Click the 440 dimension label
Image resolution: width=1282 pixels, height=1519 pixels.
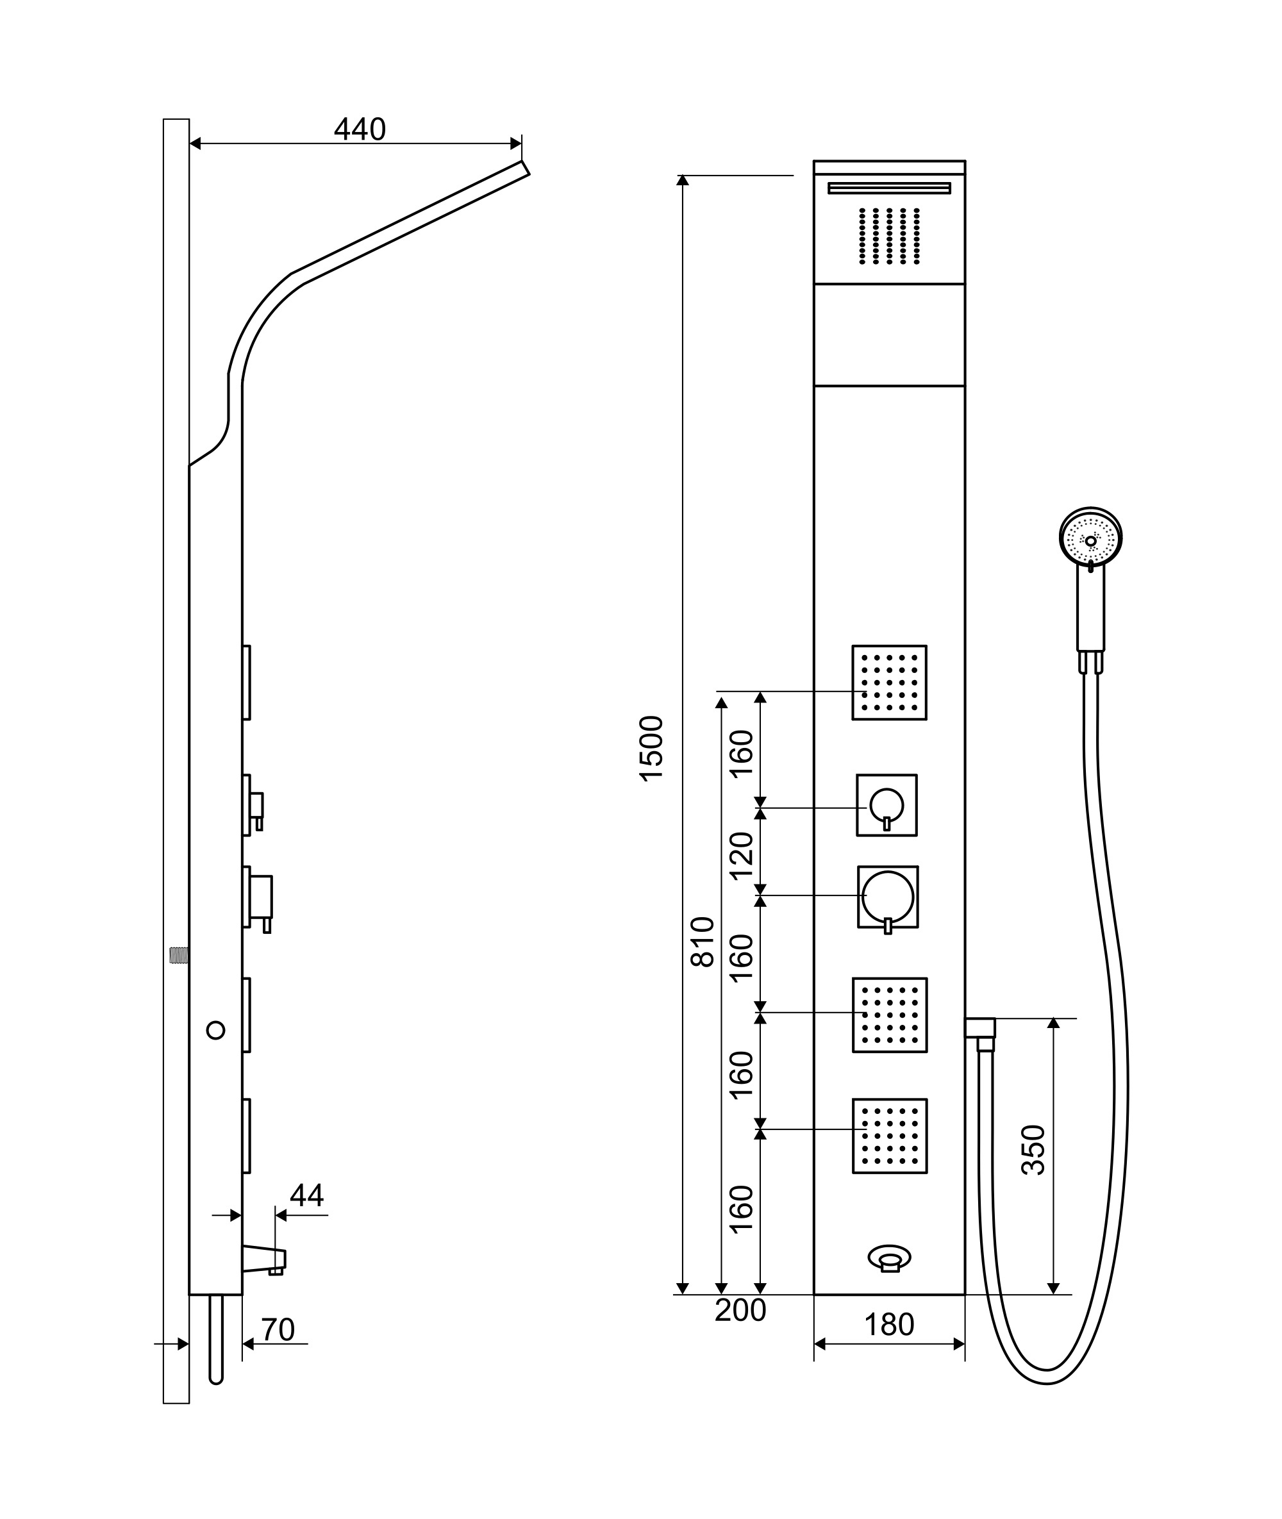(360, 129)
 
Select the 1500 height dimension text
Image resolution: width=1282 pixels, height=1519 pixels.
(652, 749)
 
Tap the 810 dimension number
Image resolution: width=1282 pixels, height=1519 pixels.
(703, 942)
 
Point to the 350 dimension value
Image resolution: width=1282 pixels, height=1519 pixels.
(1033, 1150)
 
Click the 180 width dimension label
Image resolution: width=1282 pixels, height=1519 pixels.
(889, 1325)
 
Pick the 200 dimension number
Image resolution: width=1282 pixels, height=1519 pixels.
(740, 1311)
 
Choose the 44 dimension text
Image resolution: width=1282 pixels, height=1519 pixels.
(306, 1195)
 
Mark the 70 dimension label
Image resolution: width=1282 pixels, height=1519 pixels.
(278, 1330)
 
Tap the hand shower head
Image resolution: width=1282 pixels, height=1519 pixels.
(1091, 538)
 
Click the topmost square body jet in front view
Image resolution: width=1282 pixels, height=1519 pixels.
(890, 683)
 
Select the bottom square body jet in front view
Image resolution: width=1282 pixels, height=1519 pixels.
(890, 1136)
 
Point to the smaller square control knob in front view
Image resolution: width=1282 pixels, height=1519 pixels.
(887, 805)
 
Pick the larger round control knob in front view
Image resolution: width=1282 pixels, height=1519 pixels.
(888, 897)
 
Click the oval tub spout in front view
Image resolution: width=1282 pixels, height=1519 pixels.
(890, 1258)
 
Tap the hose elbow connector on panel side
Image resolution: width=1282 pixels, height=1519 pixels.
(980, 1033)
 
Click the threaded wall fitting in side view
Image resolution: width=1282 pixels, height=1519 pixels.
(179, 955)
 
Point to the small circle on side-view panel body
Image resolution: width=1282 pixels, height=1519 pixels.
(216, 1030)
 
